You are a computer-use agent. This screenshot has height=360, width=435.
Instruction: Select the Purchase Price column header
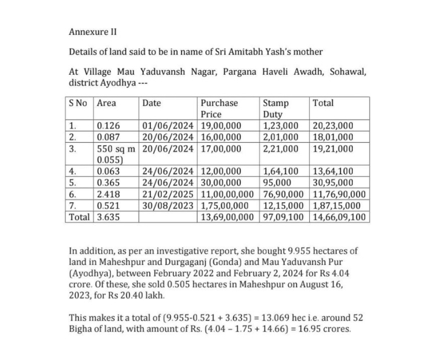point(219,108)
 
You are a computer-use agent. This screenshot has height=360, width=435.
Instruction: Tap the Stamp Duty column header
point(277,108)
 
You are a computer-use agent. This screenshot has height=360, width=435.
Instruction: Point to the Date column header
point(151,103)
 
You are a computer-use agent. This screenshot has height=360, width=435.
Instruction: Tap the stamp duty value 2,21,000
point(281,148)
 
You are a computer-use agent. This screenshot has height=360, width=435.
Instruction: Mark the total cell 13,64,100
point(333,171)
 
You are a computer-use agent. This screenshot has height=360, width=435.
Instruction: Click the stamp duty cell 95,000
point(277,183)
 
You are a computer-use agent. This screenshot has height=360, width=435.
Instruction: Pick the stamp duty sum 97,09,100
point(283,217)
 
